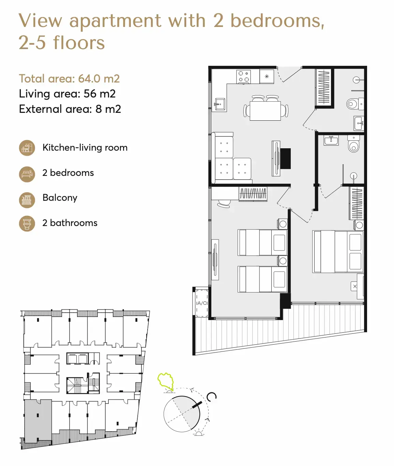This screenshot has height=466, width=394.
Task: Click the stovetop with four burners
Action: click(x=243, y=77)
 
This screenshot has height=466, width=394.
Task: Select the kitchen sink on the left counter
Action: click(x=220, y=105)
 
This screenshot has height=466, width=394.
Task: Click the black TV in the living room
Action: click(x=286, y=159)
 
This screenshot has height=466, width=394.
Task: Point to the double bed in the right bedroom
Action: click(x=338, y=251)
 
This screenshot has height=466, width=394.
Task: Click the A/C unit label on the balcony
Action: click(x=202, y=303)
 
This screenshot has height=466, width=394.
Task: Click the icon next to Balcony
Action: click(x=27, y=200)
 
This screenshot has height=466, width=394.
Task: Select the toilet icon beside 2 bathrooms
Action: click(x=27, y=224)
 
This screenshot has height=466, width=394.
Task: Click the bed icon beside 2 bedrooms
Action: click(x=27, y=174)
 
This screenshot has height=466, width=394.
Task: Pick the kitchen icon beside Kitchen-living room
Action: click(x=27, y=148)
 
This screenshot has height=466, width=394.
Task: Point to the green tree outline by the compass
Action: click(x=166, y=381)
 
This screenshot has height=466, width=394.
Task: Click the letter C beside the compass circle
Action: click(x=211, y=397)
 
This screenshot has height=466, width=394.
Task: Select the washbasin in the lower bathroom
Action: click(x=331, y=140)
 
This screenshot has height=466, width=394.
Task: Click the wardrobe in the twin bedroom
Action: click(x=253, y=194)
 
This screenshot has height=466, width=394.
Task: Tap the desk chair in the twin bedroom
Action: click(x=224, y=204)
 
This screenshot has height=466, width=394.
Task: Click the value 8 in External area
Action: click(x=98, y=109)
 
